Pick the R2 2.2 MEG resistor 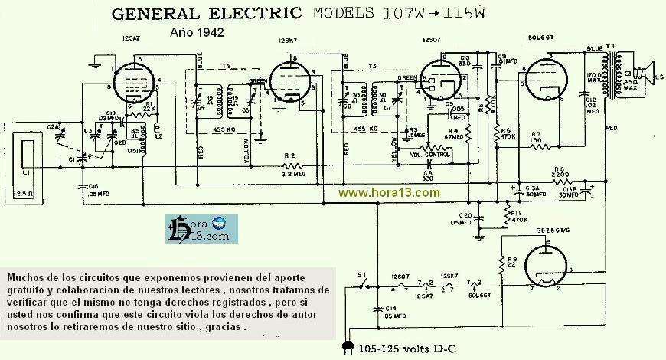(x=292, y=166)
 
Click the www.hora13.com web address (x=389, y=192)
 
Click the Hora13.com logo (x=201, y=228)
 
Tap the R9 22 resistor (x=501, y=267)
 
